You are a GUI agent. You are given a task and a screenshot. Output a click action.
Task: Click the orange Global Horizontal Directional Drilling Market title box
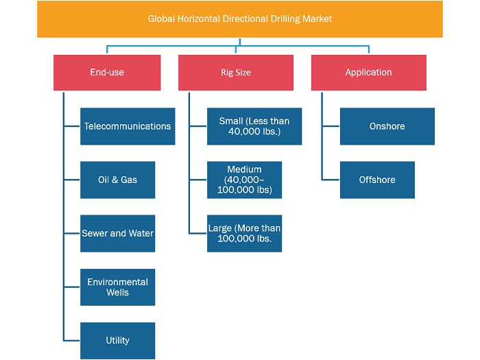coord(240,19)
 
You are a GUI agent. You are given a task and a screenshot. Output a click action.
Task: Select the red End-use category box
coord(107,73)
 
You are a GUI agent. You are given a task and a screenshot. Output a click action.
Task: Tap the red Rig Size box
coord(236,73)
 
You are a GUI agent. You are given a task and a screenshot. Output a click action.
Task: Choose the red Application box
coord(369,73)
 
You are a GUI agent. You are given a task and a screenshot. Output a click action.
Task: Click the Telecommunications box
coord(128,126)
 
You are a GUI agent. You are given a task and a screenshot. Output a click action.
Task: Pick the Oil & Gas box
coord(117,180)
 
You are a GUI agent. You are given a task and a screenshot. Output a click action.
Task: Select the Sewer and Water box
coord(117,233)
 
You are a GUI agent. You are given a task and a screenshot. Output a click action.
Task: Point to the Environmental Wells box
coord(117,287)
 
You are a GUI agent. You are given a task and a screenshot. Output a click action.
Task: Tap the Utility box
coord(117,340)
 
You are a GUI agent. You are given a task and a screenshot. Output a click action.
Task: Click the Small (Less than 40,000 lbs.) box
coord(254,126)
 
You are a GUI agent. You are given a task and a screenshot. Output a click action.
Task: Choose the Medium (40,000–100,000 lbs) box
coord(244,180)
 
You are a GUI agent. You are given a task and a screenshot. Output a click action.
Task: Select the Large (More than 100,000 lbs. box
coord(244,233)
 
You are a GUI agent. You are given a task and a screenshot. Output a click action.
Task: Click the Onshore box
coord(387,126)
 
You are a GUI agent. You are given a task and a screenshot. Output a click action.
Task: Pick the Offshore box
coord(377,180)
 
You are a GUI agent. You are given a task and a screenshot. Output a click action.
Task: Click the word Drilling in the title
coord(285,19)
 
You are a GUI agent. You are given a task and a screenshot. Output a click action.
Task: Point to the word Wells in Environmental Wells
coord(117,292)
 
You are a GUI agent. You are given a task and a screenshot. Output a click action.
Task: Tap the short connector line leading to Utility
coord(72,340)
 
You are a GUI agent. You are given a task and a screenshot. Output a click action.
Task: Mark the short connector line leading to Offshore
coord(331,180)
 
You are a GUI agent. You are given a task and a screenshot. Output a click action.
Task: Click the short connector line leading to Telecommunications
coord(72,126)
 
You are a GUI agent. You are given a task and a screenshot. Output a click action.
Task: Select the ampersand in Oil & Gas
coord(115,180)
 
